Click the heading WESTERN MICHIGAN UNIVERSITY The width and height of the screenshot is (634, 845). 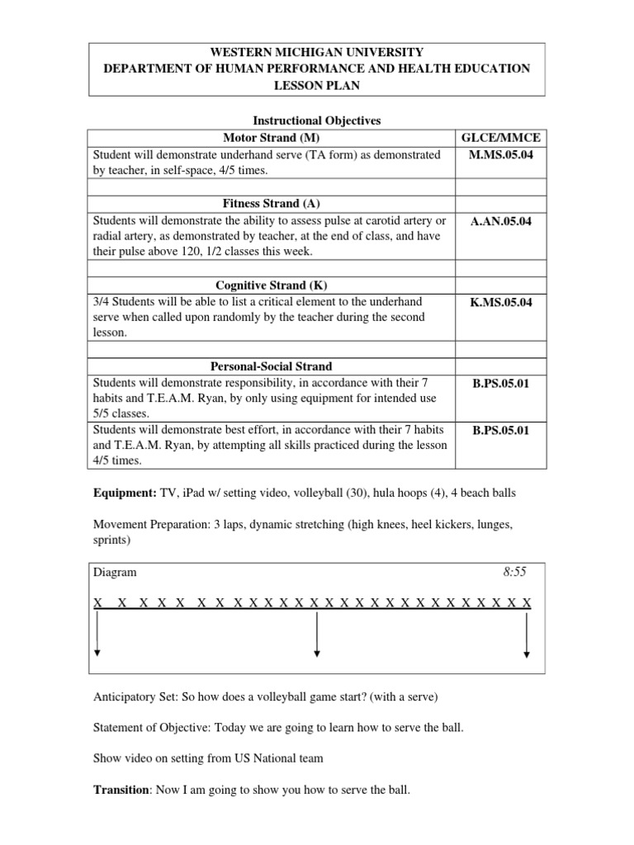[x=317, y=52]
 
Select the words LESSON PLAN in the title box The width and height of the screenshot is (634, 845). [x=317, y=85]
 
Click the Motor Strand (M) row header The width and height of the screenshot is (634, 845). [x=271, y=137]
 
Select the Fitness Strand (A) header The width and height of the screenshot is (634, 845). [x=271, y=203]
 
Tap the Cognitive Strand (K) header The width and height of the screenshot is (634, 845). [x=271, y=286]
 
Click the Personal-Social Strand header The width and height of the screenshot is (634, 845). [x=271, y=366]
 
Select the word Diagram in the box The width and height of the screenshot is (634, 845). [x=116, y=572]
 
